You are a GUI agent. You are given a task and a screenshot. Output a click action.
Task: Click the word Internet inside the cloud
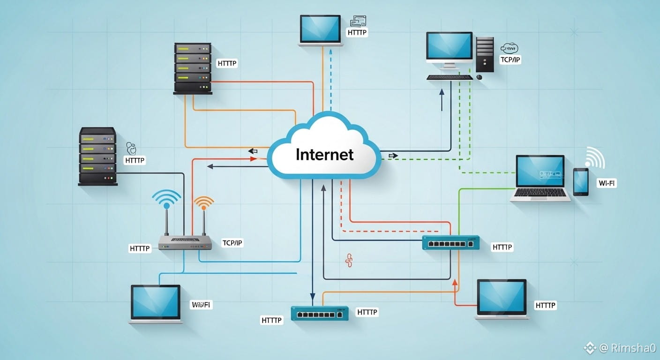coord(324,154)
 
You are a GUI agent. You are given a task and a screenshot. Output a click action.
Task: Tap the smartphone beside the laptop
coord(581,182)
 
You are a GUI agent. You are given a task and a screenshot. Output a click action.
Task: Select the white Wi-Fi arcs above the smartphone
coord(594,158)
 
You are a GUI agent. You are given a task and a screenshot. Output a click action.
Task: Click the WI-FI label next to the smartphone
coord(607,183)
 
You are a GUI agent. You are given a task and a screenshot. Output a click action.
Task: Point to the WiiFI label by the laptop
coord(202,305)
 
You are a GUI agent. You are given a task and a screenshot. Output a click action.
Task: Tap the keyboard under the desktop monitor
coord(450,77)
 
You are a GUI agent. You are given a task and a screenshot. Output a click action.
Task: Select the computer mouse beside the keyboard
coord(479,76)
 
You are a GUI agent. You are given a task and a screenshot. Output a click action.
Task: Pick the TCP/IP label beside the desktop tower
coord(510,60)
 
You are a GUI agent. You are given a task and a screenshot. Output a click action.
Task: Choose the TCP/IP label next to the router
coord(232,243)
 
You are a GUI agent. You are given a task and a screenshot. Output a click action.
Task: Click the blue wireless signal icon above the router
coord(166,200)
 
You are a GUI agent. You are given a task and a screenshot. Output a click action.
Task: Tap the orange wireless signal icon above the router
coord(203,203)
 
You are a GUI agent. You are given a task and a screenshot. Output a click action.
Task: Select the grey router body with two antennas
coord(185,242)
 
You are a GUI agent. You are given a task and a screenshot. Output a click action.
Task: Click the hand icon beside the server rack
coord(132,149)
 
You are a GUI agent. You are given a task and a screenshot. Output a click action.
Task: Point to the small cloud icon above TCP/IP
coord(509,48)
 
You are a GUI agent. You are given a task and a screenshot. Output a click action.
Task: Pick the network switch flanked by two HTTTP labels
coord(320,313)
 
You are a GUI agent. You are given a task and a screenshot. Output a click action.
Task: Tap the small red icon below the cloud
coord(348,260)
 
